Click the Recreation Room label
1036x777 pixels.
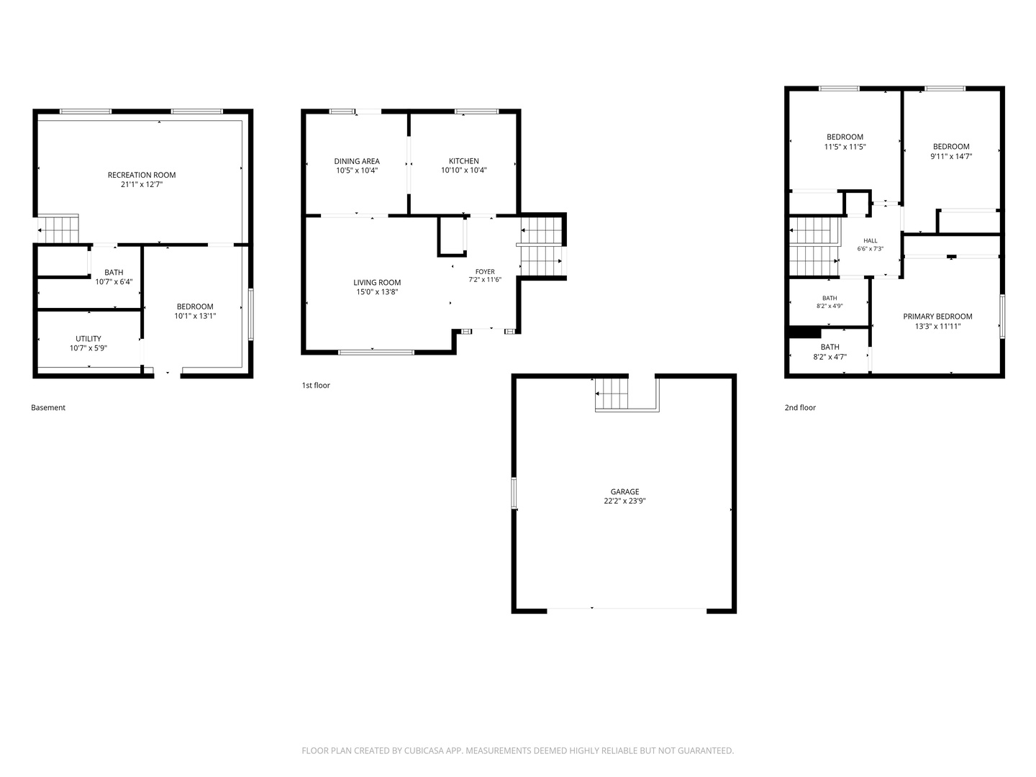tap(142, 175)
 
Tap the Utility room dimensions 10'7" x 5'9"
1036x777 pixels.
tap(88, 348)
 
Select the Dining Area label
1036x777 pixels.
tap(357, 161)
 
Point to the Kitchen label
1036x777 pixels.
tap(463, 161)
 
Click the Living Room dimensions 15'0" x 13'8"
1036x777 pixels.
tap(377, 292)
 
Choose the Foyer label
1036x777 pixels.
tap(485, 272)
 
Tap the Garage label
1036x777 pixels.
tap(624, 491)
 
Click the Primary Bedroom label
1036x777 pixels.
tap(937, 317)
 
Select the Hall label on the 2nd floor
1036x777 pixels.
tap(871, 240)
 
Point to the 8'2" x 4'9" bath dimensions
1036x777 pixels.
tap(830, 306)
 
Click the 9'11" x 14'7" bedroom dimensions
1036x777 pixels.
tap(951, 156)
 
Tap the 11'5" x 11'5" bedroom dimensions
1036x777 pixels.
tap(845, 147)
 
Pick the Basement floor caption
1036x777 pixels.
tap(48, 408)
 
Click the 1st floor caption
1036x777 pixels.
tap(316, 386)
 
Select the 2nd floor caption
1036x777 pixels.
tap(800, 408)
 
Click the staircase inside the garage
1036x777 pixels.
tap(612, 394)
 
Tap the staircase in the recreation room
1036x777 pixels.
tap(58, 229)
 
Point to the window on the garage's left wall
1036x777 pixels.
tap(514, 493)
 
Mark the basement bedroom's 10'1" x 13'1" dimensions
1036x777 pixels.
tap(195, 316)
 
